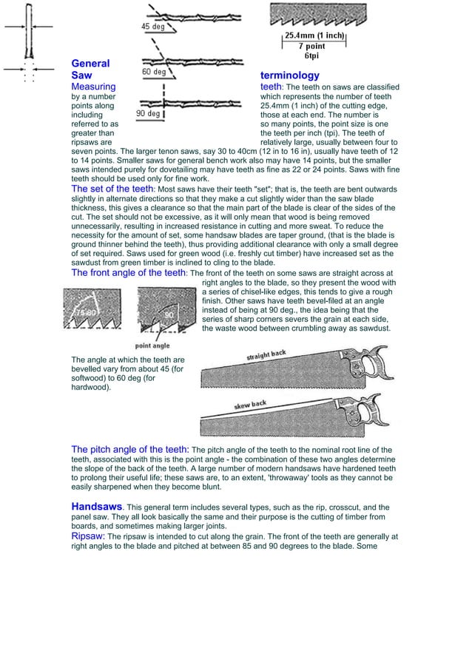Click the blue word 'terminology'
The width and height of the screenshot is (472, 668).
point(290,75)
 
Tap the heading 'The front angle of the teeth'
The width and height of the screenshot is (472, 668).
point(129,272)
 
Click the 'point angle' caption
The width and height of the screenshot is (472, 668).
point(152,345)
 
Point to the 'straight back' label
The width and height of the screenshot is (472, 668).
point(266,356)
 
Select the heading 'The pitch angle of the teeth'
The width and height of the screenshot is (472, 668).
point(129,449)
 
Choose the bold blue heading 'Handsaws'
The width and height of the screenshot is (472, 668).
point(96,506)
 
